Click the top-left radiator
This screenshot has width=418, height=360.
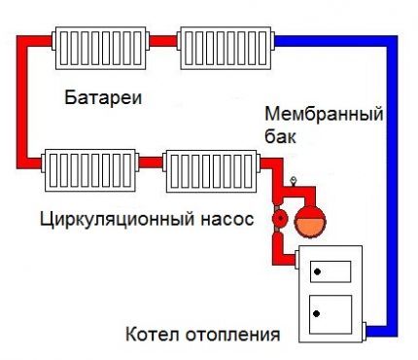(x=100, y=44)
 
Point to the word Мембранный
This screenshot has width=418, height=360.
(x=324, y=115)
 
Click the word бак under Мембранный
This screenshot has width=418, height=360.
(x=279, y=137)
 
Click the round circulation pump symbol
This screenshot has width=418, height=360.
(x=280, y=219)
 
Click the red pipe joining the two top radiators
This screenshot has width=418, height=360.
(x=162, y=41)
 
